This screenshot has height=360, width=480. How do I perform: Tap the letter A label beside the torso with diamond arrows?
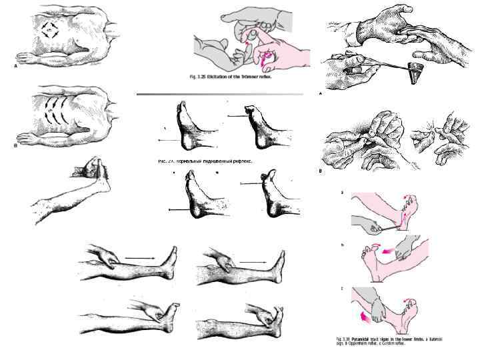tap(16, 66)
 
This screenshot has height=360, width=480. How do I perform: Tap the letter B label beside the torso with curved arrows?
tap(16, 144)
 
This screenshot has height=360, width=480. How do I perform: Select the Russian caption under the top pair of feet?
tap(200, 161)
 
